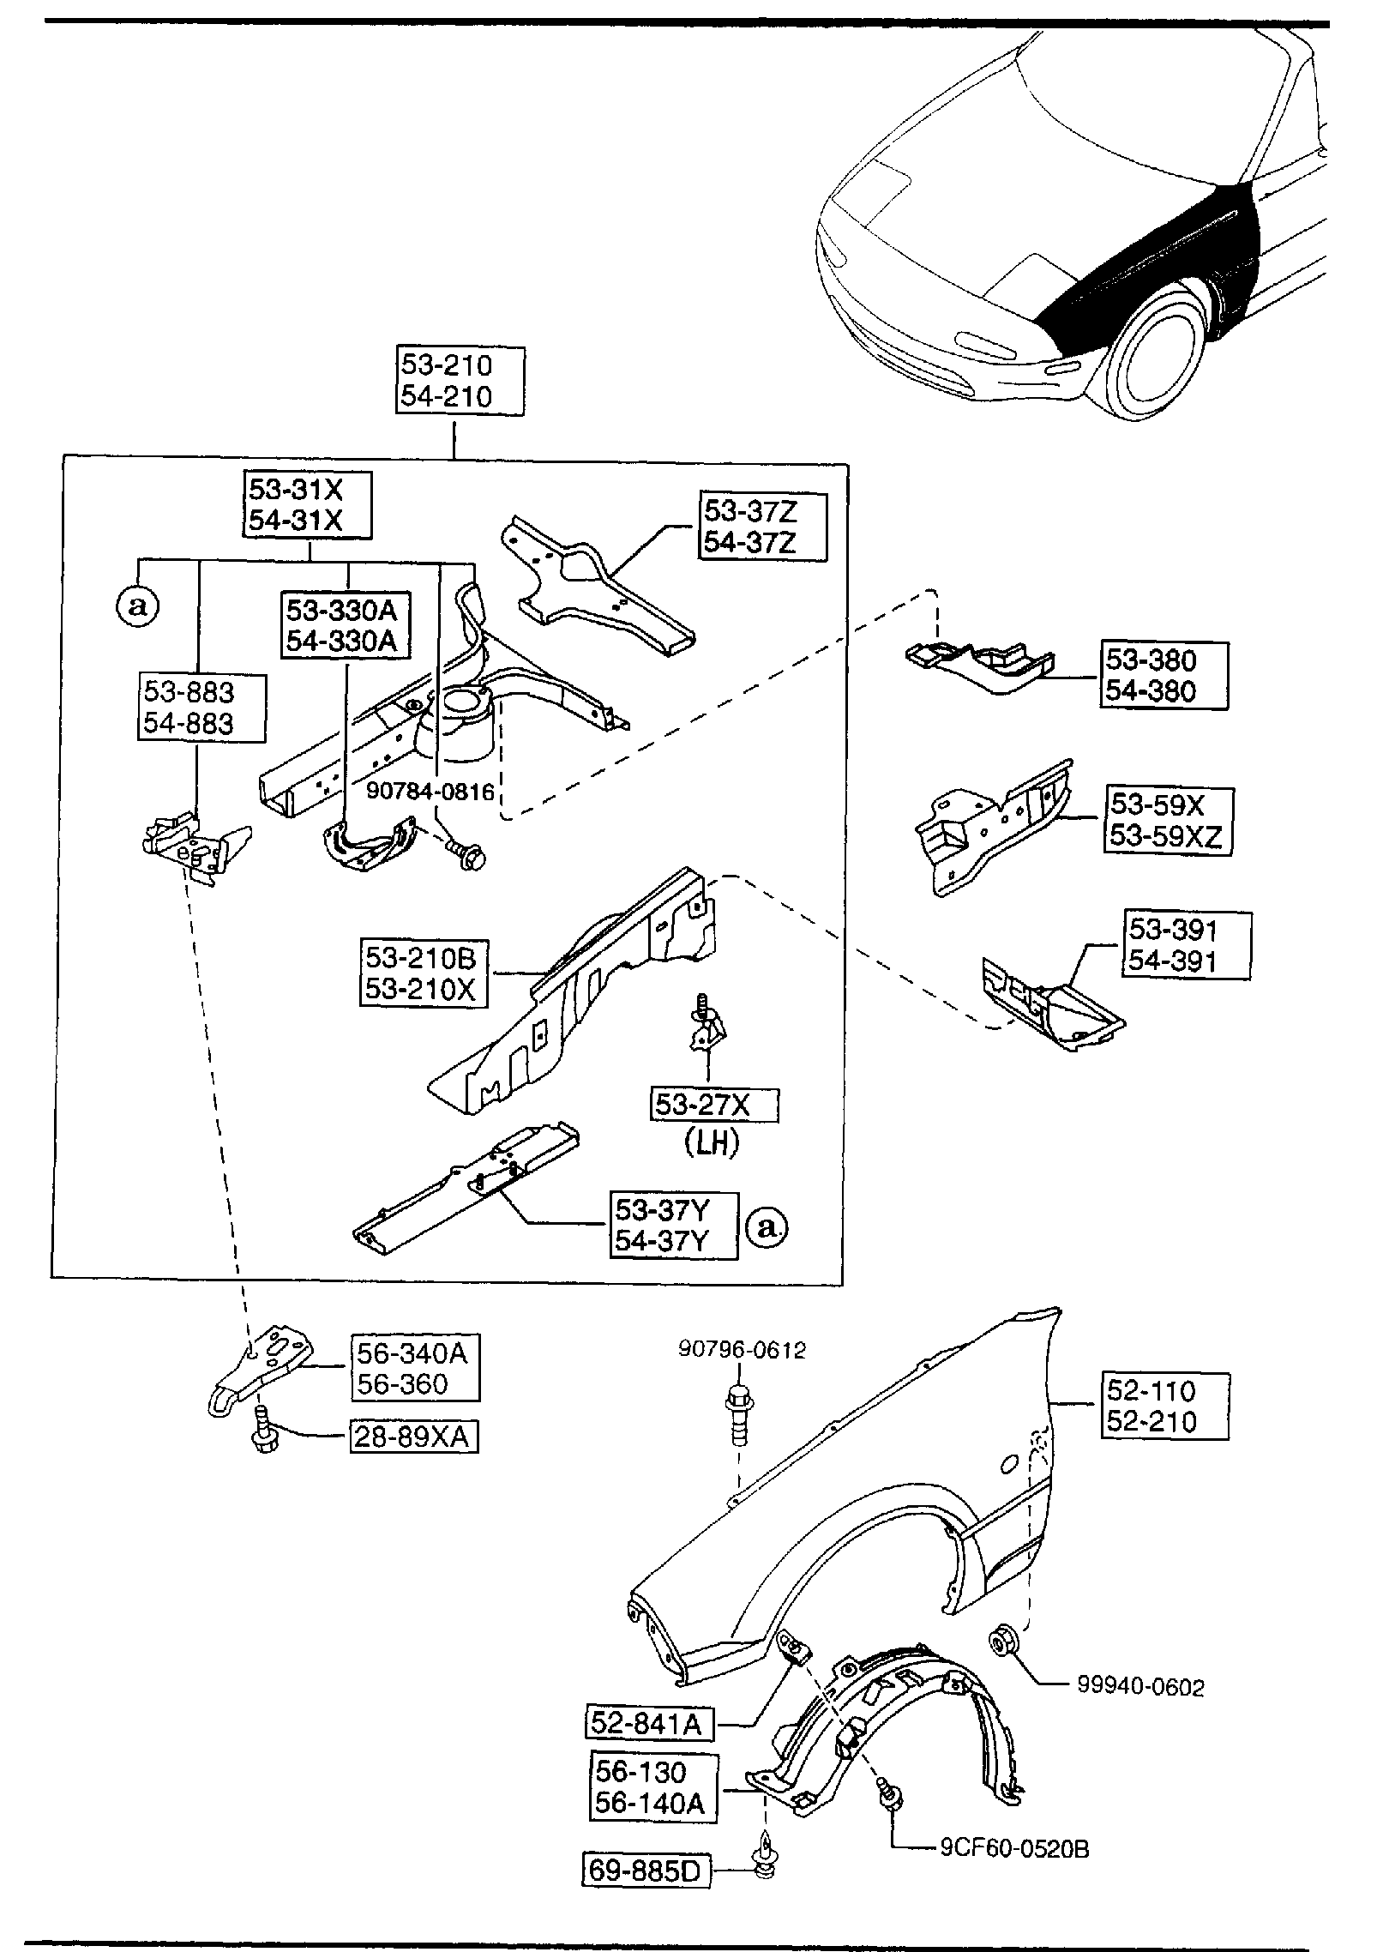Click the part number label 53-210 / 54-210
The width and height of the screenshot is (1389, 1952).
pos(459,381)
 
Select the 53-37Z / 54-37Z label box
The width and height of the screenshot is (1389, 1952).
pos(762,527)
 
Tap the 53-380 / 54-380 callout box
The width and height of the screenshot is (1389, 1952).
pos(1163,676)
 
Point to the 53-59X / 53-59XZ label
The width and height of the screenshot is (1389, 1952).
pos(1168,820)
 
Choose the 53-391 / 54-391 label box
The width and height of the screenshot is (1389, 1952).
pos(1185,946)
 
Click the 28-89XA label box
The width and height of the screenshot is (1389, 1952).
pos(413,1437)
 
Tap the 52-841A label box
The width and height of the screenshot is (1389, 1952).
pos(649,1723)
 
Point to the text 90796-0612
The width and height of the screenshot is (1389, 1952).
pos(743,1350)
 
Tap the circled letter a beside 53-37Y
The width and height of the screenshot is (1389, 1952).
pos(767,1228)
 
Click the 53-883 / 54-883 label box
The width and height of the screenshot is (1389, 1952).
pos(201,708)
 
